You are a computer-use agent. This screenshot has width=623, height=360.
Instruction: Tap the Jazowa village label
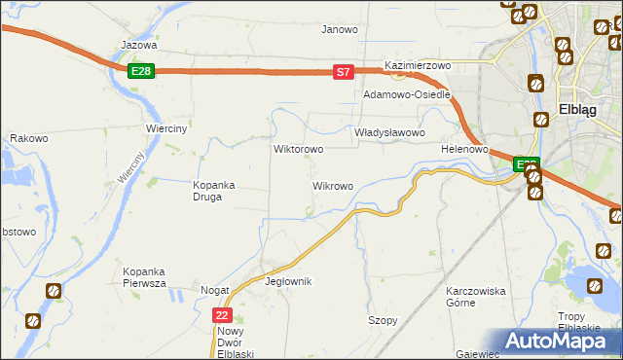tap(138, 45)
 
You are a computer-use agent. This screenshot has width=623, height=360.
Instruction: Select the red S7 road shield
tap(342, 72)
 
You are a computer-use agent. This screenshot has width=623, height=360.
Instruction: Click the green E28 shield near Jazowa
tap(141, 71)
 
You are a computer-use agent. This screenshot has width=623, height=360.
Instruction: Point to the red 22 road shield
tap(223, 315)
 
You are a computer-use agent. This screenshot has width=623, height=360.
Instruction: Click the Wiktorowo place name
tap(298, 150)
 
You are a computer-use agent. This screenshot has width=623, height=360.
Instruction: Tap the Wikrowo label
tap(332, 185)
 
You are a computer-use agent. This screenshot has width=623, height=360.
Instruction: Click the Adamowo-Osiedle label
tap(407, 95)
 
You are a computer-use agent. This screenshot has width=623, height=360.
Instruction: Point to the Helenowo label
tap(463, 149)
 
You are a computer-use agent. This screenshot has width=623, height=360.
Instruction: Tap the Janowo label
tap(340, 29)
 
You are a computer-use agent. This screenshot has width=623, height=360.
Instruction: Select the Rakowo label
tap(29, 139)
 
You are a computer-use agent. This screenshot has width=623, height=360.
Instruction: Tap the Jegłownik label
tap(288, 281)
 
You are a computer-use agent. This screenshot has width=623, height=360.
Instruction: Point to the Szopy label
tap(383, 320)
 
